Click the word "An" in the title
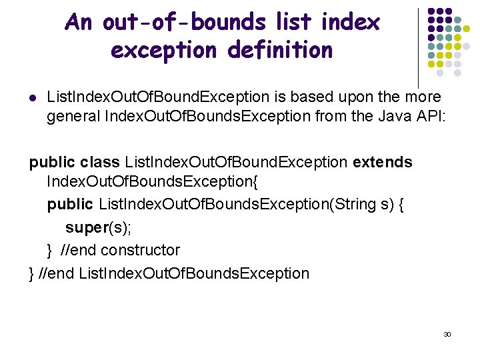tap(79, 23)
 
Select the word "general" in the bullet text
tap(73, 117)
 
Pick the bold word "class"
tap(99, 162)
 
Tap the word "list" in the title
tap(291, 23)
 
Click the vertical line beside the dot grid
tap(418, 47)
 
